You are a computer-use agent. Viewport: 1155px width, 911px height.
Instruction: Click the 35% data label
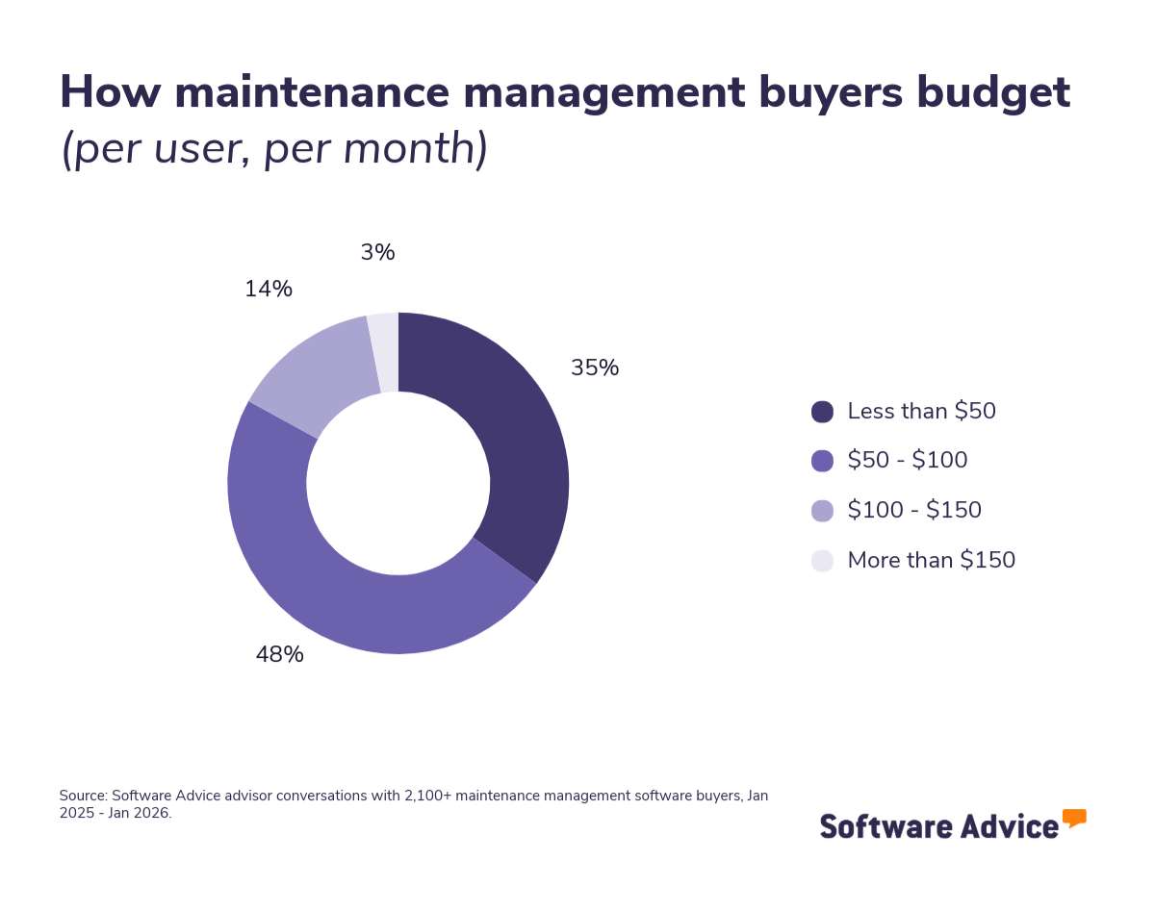(594, 368)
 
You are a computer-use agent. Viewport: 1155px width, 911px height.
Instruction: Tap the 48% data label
(279, 655)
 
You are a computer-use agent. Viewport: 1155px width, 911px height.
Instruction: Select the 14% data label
(268, 290)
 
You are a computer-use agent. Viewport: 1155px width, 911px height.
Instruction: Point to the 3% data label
(377, 253)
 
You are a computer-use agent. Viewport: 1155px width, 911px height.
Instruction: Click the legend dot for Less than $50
(822, 412)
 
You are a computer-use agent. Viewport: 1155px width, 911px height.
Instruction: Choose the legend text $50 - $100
(907, 461)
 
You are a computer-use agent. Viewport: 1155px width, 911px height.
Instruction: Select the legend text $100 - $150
(913, 511)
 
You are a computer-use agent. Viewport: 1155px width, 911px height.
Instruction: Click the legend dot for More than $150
(822, 561)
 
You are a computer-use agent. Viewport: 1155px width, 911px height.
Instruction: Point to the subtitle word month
(417, 149)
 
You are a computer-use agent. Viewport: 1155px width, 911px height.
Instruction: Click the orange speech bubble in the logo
(1074, 818)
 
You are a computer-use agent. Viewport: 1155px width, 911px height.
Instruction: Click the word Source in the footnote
(82, 796)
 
